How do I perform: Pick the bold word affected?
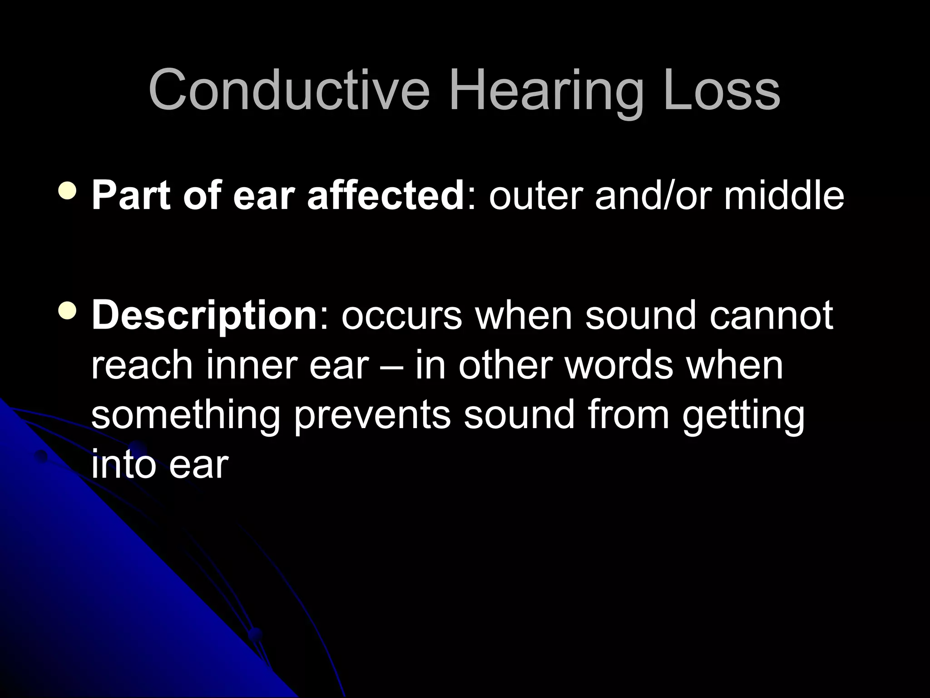tap(385, 196)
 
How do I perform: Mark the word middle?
tap(784, 196)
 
